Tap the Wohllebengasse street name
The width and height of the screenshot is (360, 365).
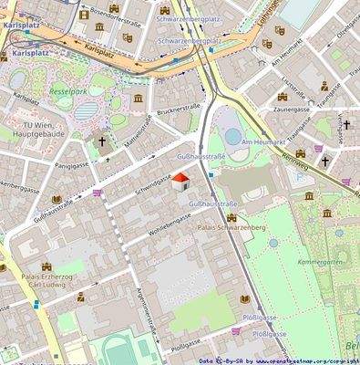[165, 224]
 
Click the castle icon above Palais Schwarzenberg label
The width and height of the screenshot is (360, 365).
[231, 217]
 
